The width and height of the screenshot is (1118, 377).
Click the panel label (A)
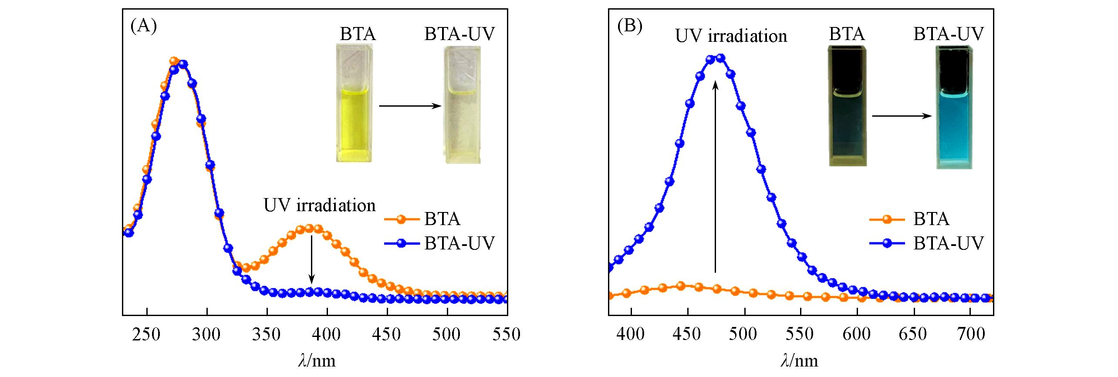point(143,27)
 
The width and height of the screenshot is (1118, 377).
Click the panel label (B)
point(630,27)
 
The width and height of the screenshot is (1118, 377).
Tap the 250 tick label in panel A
point(147,334)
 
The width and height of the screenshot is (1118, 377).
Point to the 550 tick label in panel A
point(507,334)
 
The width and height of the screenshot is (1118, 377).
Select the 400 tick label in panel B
point(631,334)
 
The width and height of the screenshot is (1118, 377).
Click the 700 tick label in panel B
point(970,334)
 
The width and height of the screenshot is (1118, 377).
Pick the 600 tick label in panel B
point(857,334)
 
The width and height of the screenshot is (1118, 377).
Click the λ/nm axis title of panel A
point(317,360)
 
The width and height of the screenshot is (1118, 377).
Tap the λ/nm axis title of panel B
point(799,360)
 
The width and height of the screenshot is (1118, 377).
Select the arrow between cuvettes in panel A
point(410,106)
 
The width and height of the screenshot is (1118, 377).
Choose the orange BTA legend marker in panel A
point(401,219)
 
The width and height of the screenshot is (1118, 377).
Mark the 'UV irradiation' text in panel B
point(731,36)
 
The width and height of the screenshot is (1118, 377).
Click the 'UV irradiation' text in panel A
point(319,205)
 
